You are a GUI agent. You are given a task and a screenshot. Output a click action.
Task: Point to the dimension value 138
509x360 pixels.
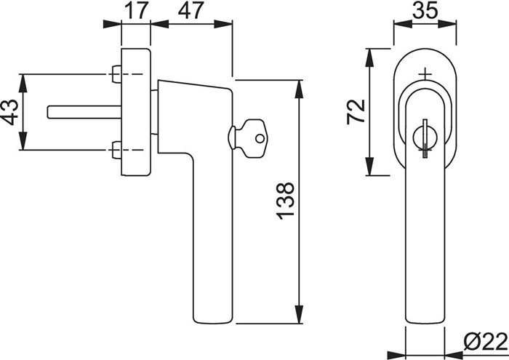pyautogui.click(x=285, y=201)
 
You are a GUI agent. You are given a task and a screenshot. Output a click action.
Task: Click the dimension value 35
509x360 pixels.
pyautogui.click(x=425, y=12)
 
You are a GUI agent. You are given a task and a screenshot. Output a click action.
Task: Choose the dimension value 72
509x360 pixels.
pyautogui.click(x=356, y=112)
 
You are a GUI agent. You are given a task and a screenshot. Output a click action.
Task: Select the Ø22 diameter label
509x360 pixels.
pyautogui.click(x=486, y=342)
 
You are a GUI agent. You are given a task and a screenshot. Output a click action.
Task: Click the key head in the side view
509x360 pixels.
pyautogui.click(x=255, y=139)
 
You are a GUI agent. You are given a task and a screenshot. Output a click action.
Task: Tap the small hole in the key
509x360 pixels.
pyautogui.click(x=260, y=139)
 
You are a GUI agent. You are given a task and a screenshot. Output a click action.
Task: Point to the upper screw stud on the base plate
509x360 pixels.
pyautogui.click(x=116, y=74)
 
